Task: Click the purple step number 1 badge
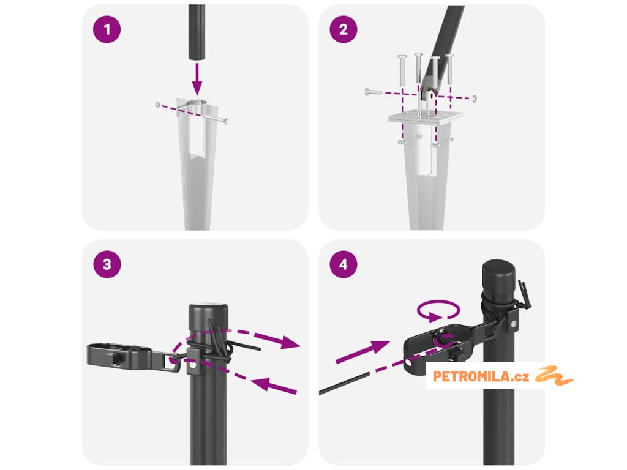click(x=107, y=29)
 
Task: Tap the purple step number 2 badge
click(x=344, y=29)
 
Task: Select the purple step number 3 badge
click(x=107, y=264)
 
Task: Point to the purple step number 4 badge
click(x=344, y=264)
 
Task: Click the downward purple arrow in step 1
click(x=197, y=79)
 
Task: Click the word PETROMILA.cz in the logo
click(x=481, y=376)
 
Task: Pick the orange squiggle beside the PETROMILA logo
click(x=554, y=376)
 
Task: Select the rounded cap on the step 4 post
click(x=498, y=272)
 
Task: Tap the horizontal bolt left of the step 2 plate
click(x=374, y=92)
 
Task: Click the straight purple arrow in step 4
click(x=362, y=352)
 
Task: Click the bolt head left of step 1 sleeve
click(x=159, y=105)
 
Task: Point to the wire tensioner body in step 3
click(x=119, y=354)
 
